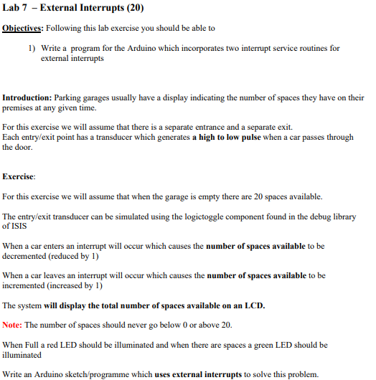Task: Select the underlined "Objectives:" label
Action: tap(24, 28)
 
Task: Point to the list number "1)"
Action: tap(33, 48)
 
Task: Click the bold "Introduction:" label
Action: tap(27, 98)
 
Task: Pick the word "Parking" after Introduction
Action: tap(68, 98)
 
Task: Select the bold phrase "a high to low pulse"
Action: tap(226, 137)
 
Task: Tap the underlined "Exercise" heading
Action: tap(19, 176)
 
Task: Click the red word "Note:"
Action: tap(12, 325)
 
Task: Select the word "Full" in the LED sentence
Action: tap(33, 345)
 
